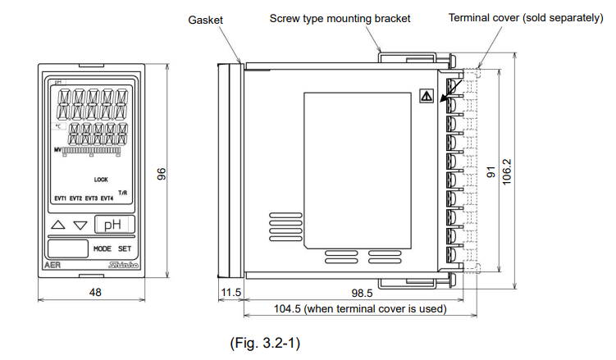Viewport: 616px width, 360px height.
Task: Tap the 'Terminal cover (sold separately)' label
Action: click(x=525, y=17)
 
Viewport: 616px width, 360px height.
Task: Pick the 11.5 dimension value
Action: click(x=230, y=292)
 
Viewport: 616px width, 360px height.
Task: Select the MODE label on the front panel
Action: click(x=102, y=248)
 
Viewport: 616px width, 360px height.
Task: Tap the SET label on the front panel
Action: click(x=124, y=248)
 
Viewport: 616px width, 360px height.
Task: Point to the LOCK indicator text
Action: click(x=101, y=180)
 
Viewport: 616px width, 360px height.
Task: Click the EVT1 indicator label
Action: click(x=60, y=198)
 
